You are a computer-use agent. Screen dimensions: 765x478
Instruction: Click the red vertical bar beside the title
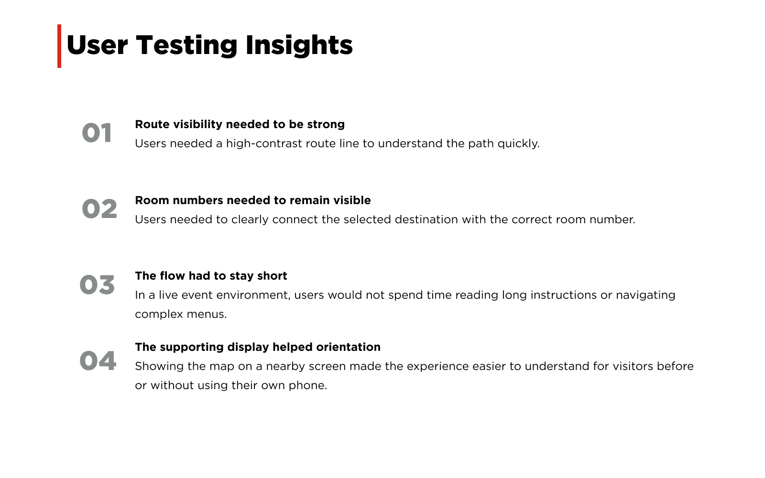point(59,46)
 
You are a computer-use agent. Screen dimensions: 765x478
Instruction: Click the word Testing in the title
point(186,46)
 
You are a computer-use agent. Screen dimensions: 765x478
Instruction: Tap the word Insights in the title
point(299,46)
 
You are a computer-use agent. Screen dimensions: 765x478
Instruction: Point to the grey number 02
point(99,208)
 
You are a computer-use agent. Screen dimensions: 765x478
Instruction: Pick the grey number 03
point(97,284)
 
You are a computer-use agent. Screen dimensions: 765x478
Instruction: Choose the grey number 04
point(98,360)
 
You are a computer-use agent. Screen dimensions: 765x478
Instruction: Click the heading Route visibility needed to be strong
point(240,124)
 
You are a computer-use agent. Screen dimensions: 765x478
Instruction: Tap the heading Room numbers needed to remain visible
point(253,200)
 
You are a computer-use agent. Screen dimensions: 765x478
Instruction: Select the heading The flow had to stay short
point(211,276)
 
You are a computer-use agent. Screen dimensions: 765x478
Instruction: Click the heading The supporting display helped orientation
point(258,347)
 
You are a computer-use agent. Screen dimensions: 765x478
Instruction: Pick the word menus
point(207,315)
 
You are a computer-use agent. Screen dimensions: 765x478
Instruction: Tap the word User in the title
point(98,46)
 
